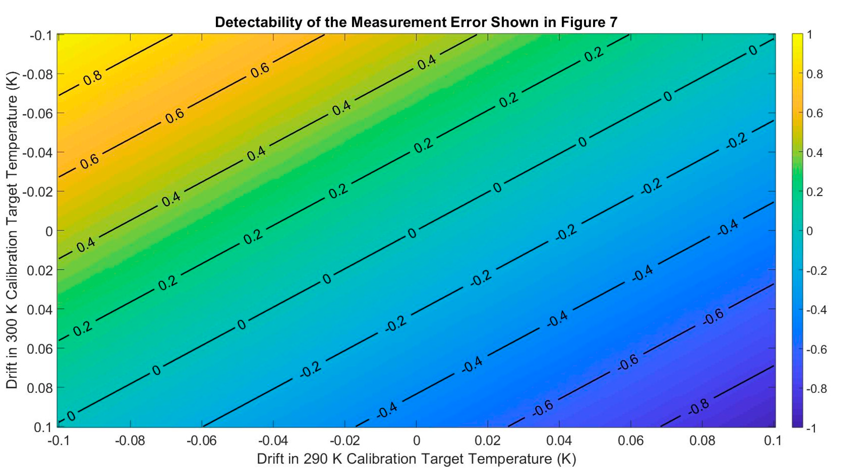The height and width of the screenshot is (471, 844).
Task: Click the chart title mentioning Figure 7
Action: click(416, 22)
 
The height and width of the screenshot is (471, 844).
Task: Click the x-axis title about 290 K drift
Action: click(416, 459)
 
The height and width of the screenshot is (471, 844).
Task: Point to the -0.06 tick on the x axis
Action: click(201, 441)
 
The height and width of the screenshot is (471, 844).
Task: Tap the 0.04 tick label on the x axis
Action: click(559, 441)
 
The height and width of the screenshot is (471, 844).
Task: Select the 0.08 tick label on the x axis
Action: click(702, 441)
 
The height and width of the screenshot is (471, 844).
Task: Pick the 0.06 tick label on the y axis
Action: click(40, 349)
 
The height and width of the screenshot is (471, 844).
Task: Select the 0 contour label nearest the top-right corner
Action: click(753, 50)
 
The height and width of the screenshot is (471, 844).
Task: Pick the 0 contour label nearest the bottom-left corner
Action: click(71, 416)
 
